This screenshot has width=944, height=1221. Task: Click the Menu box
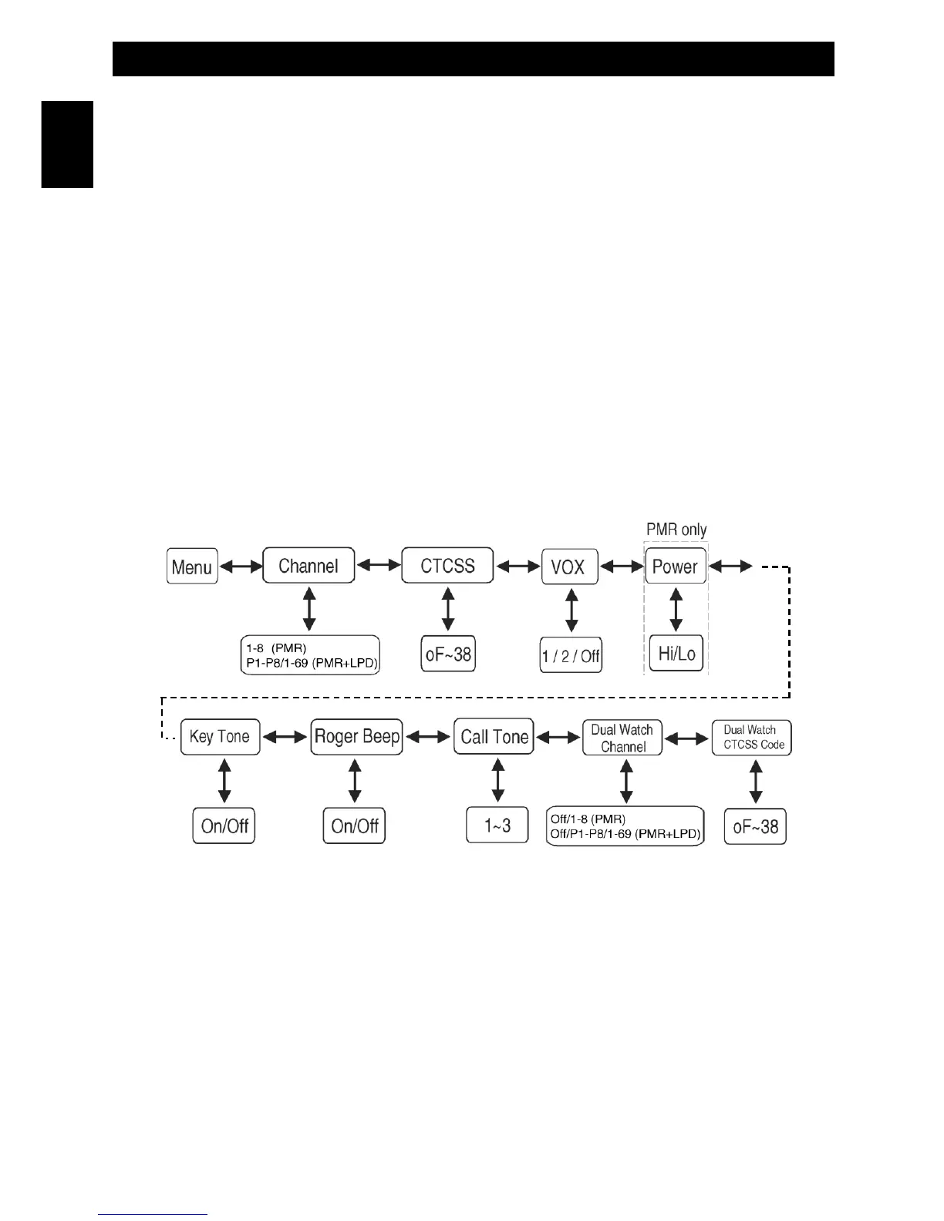[192, 567]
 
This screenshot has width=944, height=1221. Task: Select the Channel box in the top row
[308, 566]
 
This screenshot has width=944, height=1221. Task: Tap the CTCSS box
[447, 566]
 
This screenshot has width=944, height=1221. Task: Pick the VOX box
[569, 567]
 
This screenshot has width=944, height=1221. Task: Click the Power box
[675, 567]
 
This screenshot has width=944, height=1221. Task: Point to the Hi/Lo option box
[676, 654]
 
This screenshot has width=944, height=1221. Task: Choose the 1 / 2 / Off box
[571, 656]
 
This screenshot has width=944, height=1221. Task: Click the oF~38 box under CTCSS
[448, 654]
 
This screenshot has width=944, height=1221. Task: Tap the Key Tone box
[220, 737]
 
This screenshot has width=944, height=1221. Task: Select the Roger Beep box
[356, 737]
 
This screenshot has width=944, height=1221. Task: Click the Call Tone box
[494, 737]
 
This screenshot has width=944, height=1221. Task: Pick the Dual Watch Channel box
[622, 738]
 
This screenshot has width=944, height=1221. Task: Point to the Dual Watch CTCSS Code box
[752, 738]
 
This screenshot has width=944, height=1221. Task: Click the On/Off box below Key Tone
[224, 826]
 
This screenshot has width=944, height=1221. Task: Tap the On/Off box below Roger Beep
[354, 826]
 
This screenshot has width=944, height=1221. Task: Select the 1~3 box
[497, 826]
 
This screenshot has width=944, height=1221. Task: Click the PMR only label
[676, 530]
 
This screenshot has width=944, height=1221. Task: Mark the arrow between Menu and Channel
[241, 567]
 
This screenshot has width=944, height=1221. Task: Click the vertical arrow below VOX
[571, 611]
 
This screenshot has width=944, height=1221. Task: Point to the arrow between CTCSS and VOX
[518, 567]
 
